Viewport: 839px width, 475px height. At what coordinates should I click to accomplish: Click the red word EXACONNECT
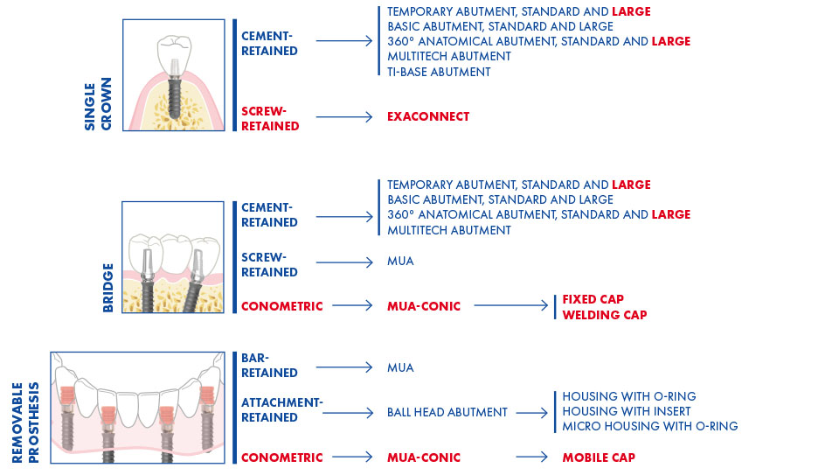(x=428, y=116)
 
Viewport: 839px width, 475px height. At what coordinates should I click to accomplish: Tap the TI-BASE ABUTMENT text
(x=439, y=72)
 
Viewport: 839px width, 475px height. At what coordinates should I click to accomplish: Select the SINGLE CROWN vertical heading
(x=98, y=104)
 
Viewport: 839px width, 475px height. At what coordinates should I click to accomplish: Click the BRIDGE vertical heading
(x=108, y=288)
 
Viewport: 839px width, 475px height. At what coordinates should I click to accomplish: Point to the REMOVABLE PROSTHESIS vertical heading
(x=25, y=423)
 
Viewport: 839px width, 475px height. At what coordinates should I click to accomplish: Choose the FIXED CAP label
(x=593, y=299)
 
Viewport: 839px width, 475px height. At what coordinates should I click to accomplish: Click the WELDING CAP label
(x=605, y=315)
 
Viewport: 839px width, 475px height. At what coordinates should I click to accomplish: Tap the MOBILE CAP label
(x=599, y=458)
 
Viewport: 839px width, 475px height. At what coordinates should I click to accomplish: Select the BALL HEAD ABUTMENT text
(x=447, y=412)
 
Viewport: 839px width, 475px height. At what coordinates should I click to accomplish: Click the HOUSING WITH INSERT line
(x=627, y=411)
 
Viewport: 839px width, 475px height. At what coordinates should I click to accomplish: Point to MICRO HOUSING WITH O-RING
(x=650, y=426)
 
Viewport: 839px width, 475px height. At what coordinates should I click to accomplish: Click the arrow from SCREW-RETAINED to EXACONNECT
(x=344, y=116)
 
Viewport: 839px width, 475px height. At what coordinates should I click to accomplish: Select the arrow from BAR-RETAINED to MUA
(x=344, y=367)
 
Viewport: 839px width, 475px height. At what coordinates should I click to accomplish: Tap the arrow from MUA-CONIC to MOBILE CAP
(x=532, y=458)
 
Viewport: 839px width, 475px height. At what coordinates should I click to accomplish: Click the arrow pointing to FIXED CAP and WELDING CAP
(x=511, y=306)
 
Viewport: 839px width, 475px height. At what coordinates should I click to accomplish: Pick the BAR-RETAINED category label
(x=269, y=366)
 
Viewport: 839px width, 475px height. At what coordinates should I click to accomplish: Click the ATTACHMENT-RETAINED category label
(x=282, y=409)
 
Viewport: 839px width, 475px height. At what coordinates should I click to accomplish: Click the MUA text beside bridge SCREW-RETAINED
(x=400, y=262)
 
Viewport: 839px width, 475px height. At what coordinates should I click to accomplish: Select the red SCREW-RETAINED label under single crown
(x=270, y=118)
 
